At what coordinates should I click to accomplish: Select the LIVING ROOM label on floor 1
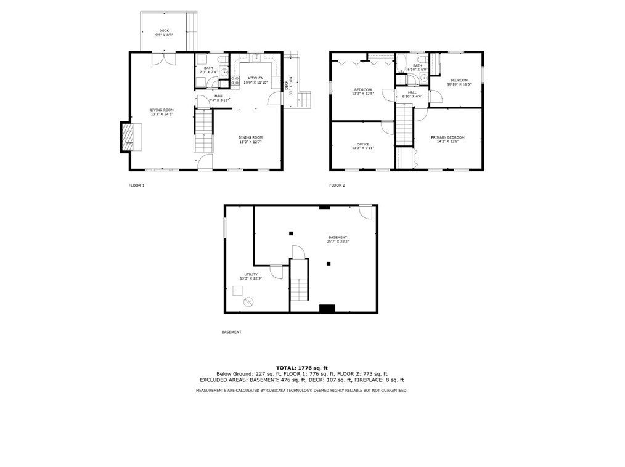[x=161, y=112]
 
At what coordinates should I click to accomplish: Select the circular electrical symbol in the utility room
[x=248, y=301]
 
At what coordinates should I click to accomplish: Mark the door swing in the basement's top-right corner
[x=366, y=212]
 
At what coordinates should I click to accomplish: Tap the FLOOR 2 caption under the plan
[x=337, y=185]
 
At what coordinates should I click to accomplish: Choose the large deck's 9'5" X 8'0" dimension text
[x=164, y=35]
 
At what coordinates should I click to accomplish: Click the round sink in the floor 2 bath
[x=424, y=79]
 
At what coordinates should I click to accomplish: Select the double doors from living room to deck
[x=163, y=59]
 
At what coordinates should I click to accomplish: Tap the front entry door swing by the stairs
[x=205, y=162]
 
